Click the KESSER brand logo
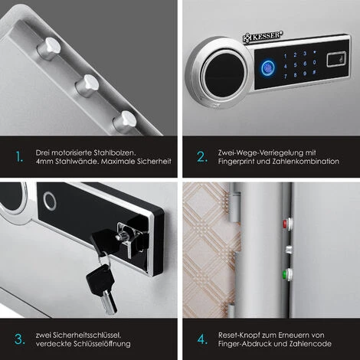point(263,36)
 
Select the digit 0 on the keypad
point(314,62)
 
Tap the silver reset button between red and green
point(289,250)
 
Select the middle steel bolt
point(87,85)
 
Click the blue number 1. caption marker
point(19,157)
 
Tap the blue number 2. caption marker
point(202,157)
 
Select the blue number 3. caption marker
point(20,339)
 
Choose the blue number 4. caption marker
point(202,339)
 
